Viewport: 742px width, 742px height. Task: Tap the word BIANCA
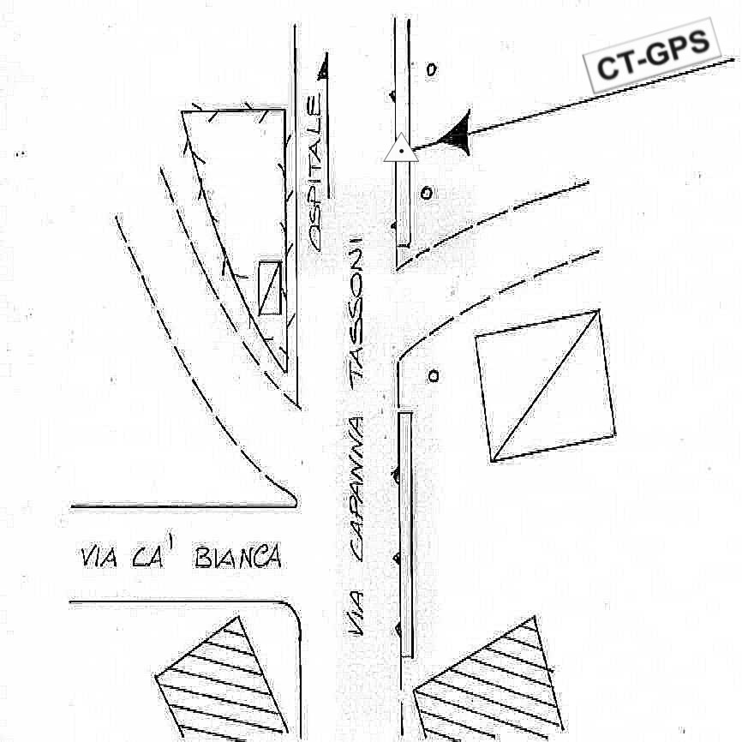click(238, 558)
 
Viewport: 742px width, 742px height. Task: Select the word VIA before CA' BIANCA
click(99, 558)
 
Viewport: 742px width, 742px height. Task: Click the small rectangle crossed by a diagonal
click(270, 288)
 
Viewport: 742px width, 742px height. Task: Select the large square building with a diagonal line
click(545, 386)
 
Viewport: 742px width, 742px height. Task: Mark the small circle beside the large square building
click(434, 374)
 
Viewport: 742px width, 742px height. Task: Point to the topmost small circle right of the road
click(430, 69)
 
